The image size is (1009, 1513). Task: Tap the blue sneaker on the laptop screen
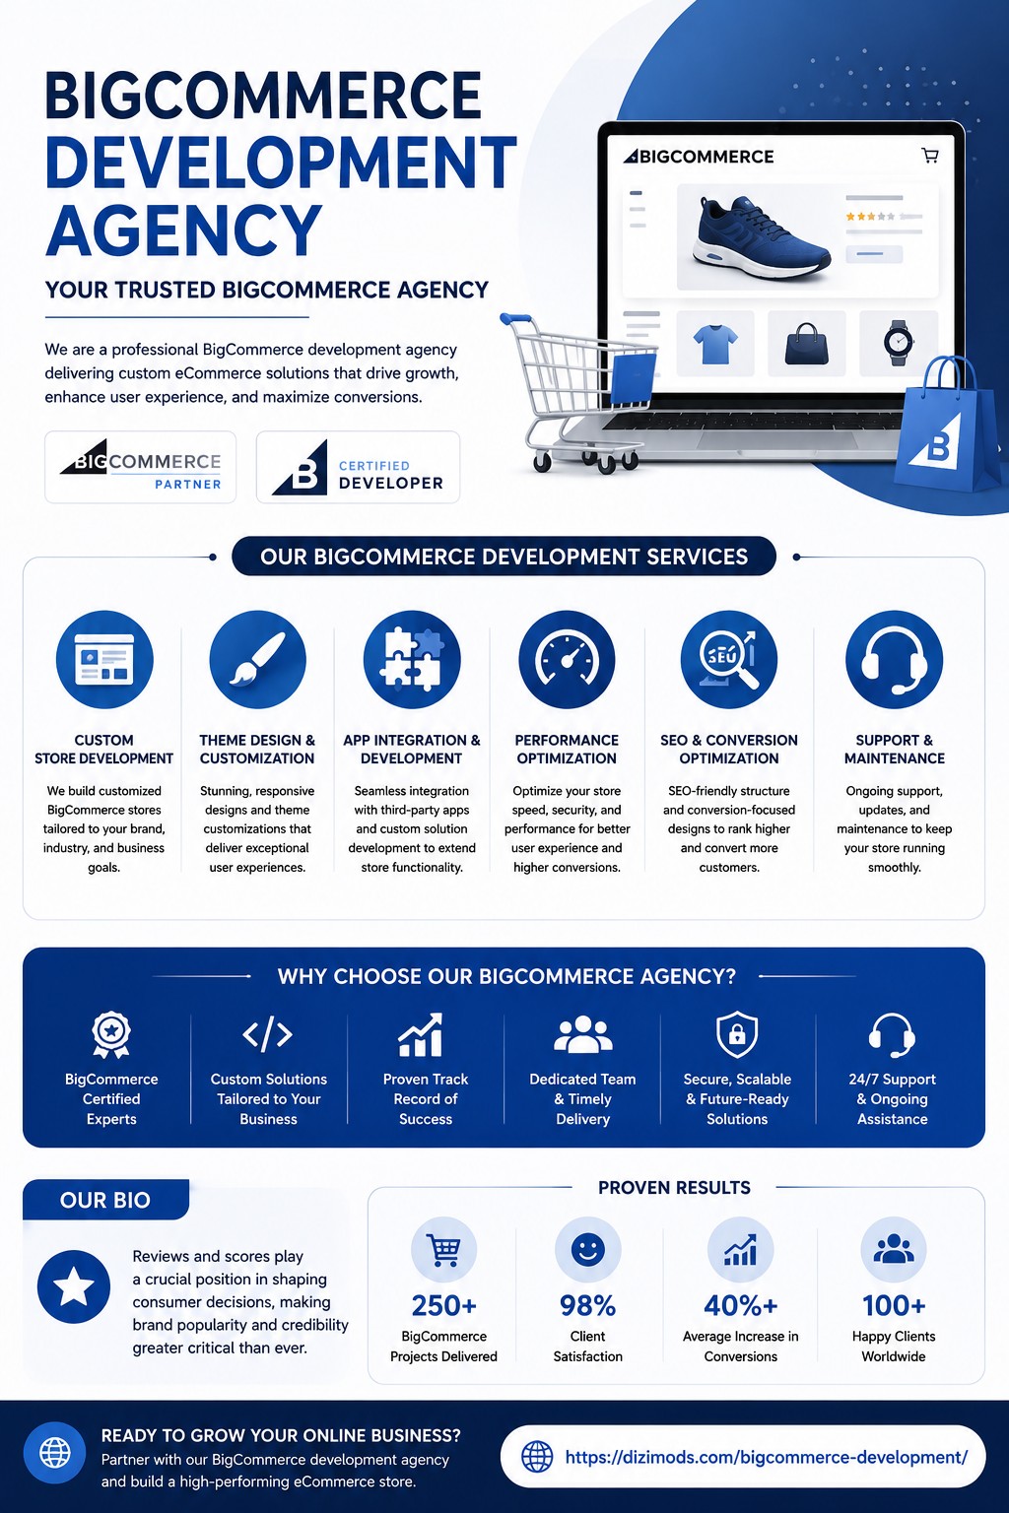pyautogui.click(x=762, y=237)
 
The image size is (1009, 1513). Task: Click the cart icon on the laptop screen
pyautogui.click(x=930, y=156)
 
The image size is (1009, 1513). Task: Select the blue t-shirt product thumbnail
pyautogui.click(x=715, y=344)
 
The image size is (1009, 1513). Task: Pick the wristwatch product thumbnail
pyautogui.click(x=899, y=343)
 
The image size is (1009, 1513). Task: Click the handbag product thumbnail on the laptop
pyautogui.click(x=807, y=344)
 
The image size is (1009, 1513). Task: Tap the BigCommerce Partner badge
pyautogui.click(x=141, y=467)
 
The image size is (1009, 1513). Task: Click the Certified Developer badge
pyautogui.click(x=359, y=467)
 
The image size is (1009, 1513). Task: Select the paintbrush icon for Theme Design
pyautogui.click(x=257, y=659)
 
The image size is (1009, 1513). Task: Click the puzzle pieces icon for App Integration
pyautogui.click(x=412, y=659)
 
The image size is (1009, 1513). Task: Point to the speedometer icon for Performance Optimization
pyautogui.click(x=567, y=659)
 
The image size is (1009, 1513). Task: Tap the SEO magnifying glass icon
pyautogui.click(x=728, y=659)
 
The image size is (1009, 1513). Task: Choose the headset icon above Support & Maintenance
pyautogui.click(x=894, y=659)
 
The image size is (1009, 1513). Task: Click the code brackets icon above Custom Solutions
pyautogui.click(x=268, y=1034)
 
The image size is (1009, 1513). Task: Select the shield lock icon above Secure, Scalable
pyautogui.click(x=737, y=1033)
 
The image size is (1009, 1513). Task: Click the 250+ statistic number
pyautogui.click(x=444, y=1305)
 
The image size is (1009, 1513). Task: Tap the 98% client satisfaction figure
pyautogui.click(x=588, y=1305)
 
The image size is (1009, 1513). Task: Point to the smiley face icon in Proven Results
pyautogui.click(x=588, y=1250)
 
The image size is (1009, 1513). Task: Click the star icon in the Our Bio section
pyautogui.click(x=74, y=1286)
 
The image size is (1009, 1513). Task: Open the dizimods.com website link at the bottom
pyautogui.click(x=767, y=1457)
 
